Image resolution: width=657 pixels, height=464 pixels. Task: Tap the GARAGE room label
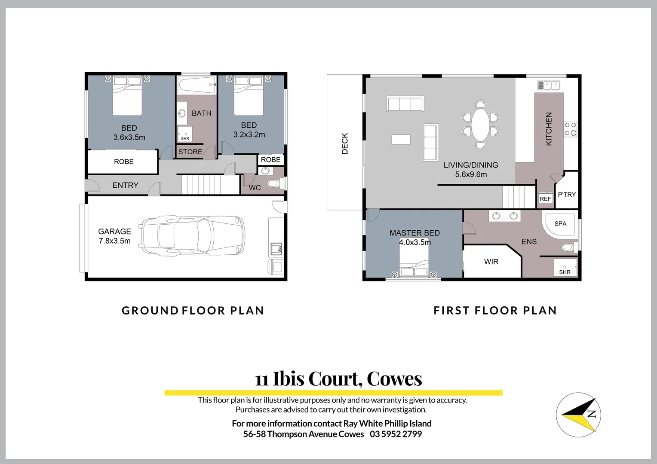114,232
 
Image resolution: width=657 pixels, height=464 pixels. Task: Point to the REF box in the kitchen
545,198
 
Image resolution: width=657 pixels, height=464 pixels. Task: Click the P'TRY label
567,195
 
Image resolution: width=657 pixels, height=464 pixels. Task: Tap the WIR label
491,262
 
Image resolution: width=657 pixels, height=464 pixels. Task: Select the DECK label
345,143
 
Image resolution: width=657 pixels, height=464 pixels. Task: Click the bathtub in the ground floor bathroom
196,85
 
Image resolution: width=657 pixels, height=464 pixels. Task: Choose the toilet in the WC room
273,184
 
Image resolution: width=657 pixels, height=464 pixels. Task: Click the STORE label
190,152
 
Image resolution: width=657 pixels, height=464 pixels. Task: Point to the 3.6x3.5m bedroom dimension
129,137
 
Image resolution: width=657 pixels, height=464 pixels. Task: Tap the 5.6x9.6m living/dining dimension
471,174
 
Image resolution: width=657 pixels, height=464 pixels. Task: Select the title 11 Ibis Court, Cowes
338,379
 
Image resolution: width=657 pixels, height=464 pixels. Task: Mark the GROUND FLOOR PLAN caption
193,311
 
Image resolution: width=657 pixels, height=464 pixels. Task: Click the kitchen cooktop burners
571,129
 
